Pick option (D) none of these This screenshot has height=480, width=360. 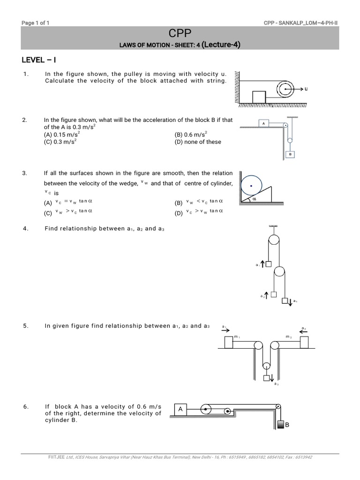coord(197,142)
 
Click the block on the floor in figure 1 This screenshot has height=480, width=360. coord(259,97)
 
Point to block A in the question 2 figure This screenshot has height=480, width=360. coord(264,124)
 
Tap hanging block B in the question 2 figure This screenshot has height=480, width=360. coord(291,154)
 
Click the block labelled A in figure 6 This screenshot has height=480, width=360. coord(180,409)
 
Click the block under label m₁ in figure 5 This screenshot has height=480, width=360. coord(229,343)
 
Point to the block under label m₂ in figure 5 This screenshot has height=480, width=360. coord(304,342)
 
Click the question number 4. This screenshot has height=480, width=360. coord(26,229)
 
